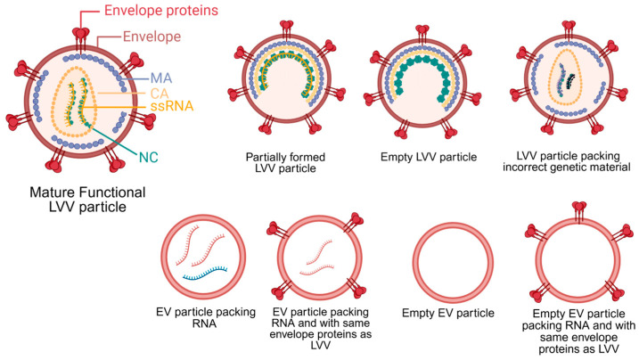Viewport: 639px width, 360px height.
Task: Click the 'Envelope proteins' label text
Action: [161, 11]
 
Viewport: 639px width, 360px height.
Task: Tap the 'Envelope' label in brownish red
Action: [152, 37]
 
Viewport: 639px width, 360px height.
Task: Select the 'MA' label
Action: [161, 78]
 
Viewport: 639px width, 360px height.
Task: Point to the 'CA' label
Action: [160, 94]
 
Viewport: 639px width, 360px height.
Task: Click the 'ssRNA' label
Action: [172, 107]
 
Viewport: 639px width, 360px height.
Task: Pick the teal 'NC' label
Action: [148, 157]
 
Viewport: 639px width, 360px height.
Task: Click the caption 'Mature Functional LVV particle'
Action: [87, 199]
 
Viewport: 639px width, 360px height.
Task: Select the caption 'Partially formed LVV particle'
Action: [285, 162]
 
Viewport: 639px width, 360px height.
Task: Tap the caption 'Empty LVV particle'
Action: [429, 157]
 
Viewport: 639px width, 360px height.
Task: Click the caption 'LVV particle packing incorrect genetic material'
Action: [567, 161]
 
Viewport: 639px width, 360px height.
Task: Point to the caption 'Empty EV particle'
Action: [448, 313]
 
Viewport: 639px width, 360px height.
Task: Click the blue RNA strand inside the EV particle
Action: [205, 274]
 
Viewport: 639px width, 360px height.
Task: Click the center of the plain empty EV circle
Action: [453, 263]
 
